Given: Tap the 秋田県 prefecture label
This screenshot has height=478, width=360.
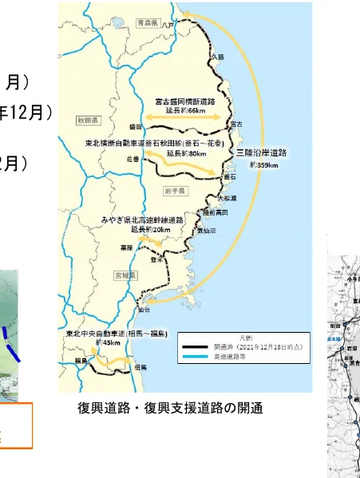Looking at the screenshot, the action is (87, 120).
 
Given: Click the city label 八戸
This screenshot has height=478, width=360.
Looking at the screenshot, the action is (168, 26).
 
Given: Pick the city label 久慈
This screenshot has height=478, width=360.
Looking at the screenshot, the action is (219, 57).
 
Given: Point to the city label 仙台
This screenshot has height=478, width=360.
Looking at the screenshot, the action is (144, 307).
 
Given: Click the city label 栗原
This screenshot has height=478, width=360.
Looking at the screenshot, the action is (127, 247).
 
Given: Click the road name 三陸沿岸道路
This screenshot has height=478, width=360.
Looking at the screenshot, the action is (262, 152).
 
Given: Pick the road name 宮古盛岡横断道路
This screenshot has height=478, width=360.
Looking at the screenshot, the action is (188, 101).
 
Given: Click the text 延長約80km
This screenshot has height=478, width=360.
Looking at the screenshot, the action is (187, 152).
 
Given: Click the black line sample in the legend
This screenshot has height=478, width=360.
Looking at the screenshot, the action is (195, 347).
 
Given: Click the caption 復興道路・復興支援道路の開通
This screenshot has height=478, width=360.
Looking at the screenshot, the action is (171, 409).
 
